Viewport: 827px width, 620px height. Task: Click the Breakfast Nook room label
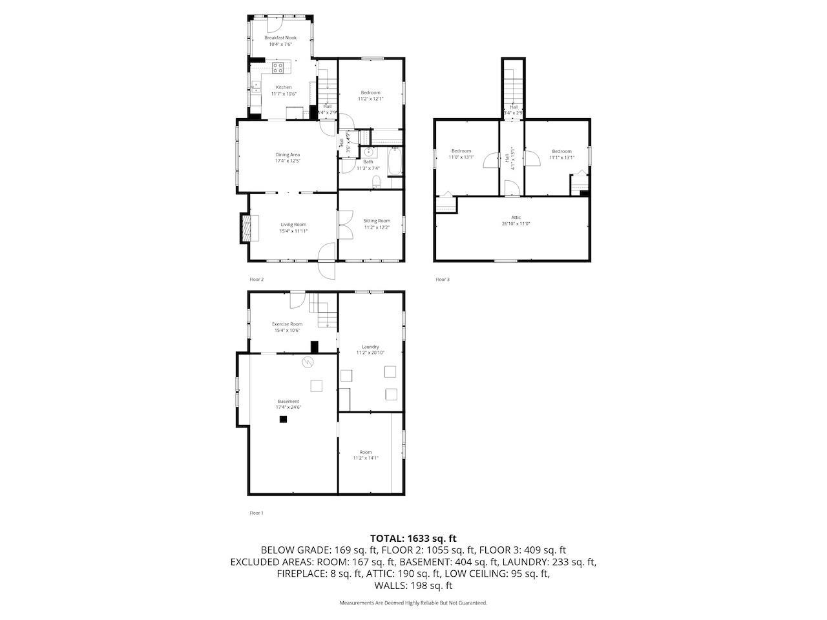coord(280,38)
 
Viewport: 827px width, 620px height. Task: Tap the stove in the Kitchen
coord(279,67)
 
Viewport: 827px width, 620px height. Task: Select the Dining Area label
coord(288,154)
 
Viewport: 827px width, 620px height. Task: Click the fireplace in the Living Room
coord(246,228)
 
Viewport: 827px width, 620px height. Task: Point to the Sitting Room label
coord(377,221)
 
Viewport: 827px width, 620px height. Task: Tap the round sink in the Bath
coord(369,152)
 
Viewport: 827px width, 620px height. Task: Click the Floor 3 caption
coord(442,280)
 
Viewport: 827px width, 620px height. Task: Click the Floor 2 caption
coord(256,280)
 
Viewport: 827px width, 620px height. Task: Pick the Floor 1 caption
coord(256,513)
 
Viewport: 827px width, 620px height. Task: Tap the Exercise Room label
coord(287,324)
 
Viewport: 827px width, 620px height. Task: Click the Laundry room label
coord(370,347)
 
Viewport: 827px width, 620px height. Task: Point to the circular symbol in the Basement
coord(309,362)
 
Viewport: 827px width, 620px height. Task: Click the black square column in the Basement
coord(283,419)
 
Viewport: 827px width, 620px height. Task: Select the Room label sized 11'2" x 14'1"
coord(366,452)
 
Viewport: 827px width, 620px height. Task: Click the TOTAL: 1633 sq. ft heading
coord(413,538)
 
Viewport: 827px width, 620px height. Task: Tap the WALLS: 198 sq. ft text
coord(413,586)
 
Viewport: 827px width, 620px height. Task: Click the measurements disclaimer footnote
coord(413,603)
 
